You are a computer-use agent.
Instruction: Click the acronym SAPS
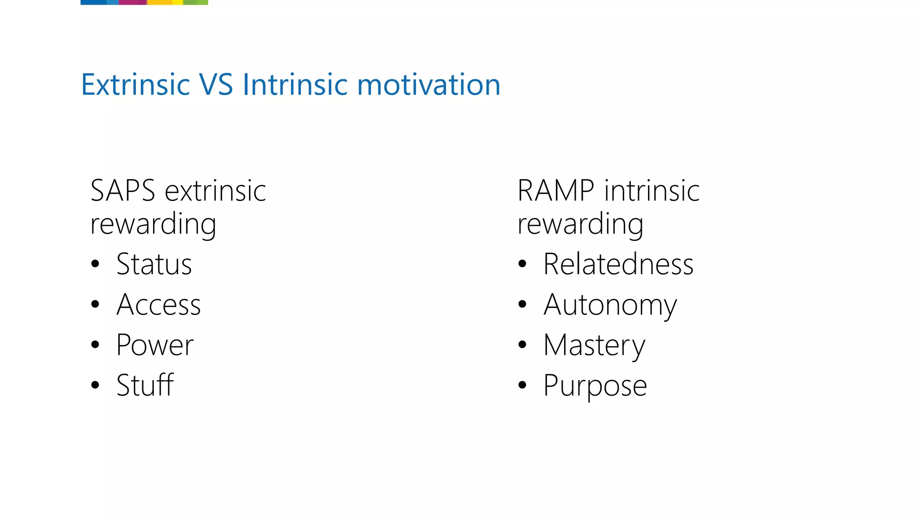[x=123, y=191]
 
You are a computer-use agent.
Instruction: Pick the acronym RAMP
[x=556, y=191]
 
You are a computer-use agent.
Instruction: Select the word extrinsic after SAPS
[x=215, y=191]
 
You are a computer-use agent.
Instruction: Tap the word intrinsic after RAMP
[x=652, y=191]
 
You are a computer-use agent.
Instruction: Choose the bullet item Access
[x=158, y=305]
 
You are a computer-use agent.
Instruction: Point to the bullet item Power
[x=155, y=345]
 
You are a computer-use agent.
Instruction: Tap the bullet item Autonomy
[x=610, y=306]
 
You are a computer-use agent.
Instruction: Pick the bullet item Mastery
[x=595, y=346]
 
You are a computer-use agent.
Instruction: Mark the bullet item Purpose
[x=595, y=386]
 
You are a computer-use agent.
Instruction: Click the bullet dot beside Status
[x=95, y=264]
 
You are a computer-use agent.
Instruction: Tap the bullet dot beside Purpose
[x=522, y=385]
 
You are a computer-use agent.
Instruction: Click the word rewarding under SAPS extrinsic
[x=153, y=224]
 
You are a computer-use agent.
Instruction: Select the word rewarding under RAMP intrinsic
[x=580, y=224]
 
